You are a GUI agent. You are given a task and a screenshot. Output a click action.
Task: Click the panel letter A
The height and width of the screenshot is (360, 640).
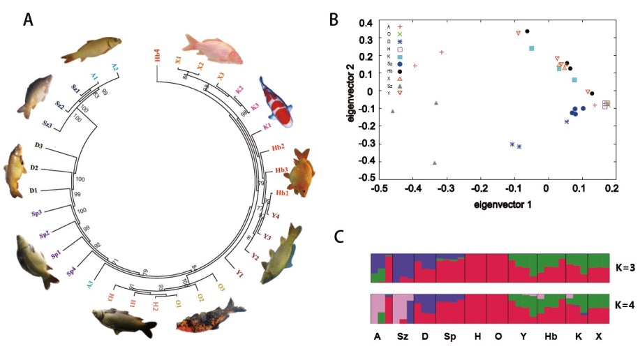[28, 20]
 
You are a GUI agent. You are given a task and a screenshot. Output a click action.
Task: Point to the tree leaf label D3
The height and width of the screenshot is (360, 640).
[39, 147]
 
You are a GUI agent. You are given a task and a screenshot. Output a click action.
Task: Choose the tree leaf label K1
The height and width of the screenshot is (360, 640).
[267, 126]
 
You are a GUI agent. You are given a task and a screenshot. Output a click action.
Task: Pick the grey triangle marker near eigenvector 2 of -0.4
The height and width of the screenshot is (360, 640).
[434, 163]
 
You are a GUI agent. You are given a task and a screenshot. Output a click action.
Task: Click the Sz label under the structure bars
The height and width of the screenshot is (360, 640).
[403, 337]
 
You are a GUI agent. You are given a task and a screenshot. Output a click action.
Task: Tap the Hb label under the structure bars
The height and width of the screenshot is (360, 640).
[550, 337]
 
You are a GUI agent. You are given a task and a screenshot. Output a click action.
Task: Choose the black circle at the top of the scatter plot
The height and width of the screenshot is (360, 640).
[527, 31]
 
